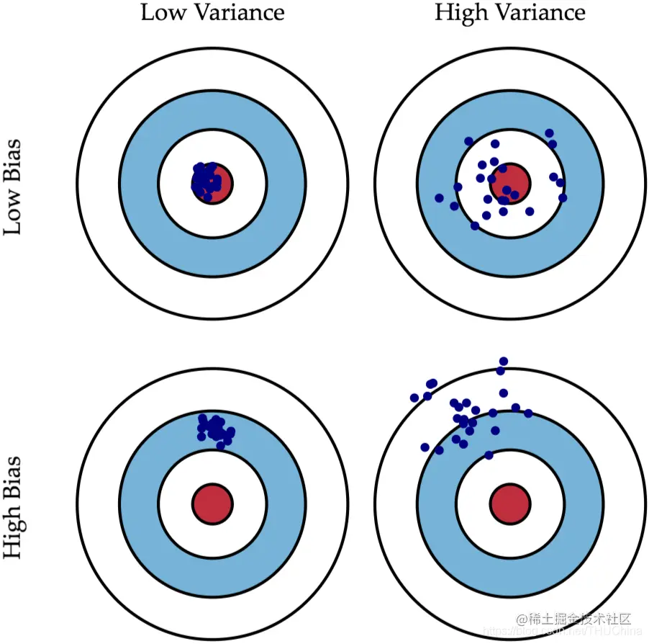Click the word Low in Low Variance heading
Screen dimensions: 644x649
point(158,13)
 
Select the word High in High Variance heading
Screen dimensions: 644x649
point(457,13)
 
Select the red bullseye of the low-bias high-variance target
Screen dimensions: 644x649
point(510,182)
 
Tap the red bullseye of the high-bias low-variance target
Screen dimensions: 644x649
point(213,502)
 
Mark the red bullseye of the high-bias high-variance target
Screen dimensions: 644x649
point(510,502)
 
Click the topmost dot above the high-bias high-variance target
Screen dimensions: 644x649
point(504,361)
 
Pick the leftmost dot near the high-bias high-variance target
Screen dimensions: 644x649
point(414,398)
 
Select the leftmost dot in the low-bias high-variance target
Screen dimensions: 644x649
point(439,197)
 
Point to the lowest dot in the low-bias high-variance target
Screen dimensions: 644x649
point(474,225)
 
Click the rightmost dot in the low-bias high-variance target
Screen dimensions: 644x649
point(563,197)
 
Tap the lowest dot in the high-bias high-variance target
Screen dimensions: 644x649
point(489,455)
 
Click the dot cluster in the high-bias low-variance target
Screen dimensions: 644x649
point(215,429)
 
